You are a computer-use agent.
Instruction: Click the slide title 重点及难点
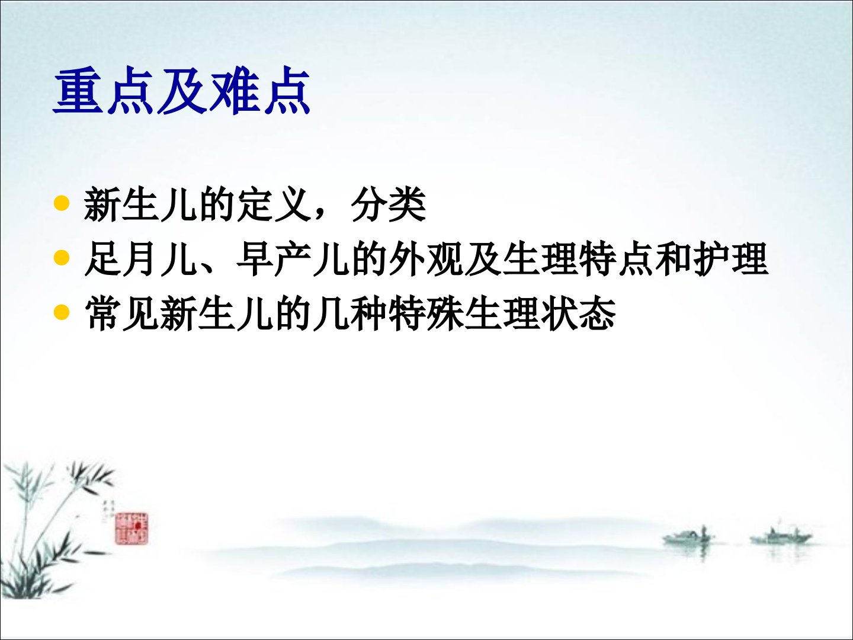tap(182, 92)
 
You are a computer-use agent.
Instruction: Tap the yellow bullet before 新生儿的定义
tap(62, 203)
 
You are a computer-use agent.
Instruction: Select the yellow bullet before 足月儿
tap(62, 258)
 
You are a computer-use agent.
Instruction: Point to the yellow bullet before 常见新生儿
tap(62, 312)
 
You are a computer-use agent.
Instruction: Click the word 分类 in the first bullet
tap(388, 204)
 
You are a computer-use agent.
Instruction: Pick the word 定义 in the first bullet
tap(274, 204)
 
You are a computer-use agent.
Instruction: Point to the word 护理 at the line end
tap(730, 259)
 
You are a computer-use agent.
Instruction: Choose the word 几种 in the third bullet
tap(349, 313)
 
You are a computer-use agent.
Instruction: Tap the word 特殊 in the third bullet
tap(425, 313)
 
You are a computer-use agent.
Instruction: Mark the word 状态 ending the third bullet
tap(578, 313)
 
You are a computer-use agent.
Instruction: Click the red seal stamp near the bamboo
tap(132, 528)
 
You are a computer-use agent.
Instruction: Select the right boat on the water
tap(780, 537)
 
